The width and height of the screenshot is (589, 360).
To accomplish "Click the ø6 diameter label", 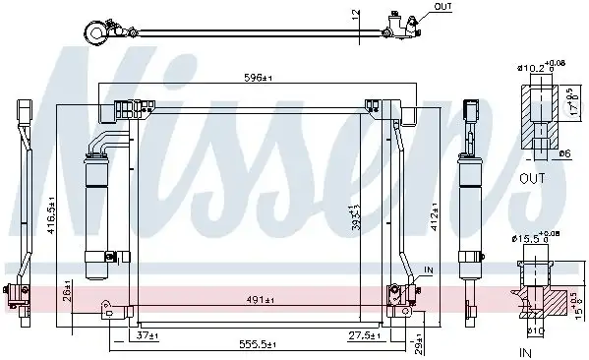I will coord(564,152).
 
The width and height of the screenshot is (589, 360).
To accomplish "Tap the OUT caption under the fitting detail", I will coord(531,178).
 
